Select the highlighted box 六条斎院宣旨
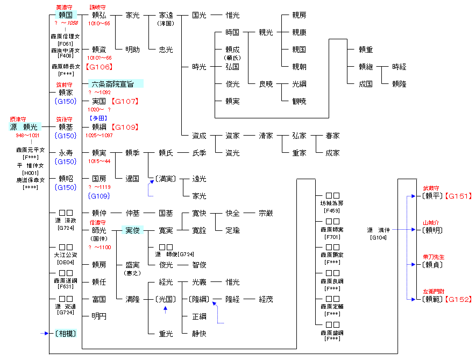(x=116, y=83)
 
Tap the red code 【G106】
(x=99, y=67)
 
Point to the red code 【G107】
(x=125, y=101)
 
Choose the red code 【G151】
(x=459, y=196)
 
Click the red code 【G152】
(x=459, y=299)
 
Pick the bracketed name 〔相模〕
(x=65, y=334)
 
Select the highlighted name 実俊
(x=132, y=230)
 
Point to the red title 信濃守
(x=98, y=222)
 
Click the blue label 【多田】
(x=99, y=118)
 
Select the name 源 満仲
(x=379, y=230)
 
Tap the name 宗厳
(x=266, y=213)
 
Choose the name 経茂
(x=266, y=299)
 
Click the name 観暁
(x=299, y=101)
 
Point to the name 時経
(x=399, y=67)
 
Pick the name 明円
(x=99, y=316)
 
